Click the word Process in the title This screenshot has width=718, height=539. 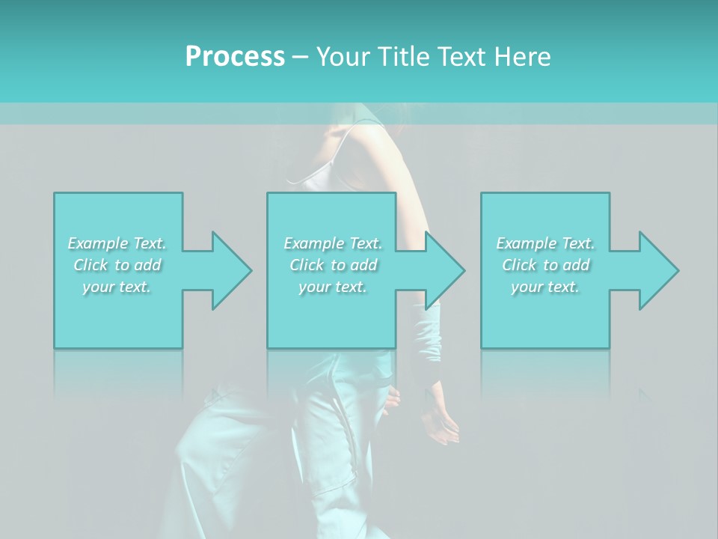(235, 57)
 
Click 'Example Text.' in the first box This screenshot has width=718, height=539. (117, 243)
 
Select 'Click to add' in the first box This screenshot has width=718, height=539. (117, 265)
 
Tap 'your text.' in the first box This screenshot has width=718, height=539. (117, 287)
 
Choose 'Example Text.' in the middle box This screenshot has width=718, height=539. (333, 243)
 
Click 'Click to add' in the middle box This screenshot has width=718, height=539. (333, 265)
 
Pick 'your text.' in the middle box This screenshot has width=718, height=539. (333, 287)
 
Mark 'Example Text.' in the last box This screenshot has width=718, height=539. (545, 243)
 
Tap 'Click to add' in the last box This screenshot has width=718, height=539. (545, 265)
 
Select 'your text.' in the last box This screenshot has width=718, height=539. (545, 287)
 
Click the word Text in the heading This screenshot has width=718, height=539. (464, 57)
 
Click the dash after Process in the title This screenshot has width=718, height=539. (301, 57)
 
